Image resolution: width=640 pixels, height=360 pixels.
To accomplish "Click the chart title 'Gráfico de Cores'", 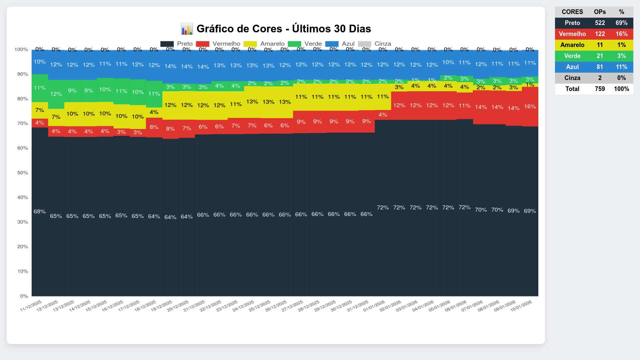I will click(283, 29).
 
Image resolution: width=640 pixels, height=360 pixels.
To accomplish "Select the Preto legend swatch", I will click(167, 44).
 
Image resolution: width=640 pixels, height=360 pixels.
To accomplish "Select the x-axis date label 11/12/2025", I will click(31, 306).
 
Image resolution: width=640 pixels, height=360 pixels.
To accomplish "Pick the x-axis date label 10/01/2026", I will click(521, 306).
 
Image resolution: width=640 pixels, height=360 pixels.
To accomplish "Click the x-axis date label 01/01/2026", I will click(374, 306).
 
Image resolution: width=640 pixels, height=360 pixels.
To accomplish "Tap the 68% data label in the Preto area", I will click(39, 211).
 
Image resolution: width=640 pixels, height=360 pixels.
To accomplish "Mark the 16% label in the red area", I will click(530, 106).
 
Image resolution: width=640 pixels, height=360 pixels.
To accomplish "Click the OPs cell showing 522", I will click(600, 23).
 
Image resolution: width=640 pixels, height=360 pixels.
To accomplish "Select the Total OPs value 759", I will click(600, 89).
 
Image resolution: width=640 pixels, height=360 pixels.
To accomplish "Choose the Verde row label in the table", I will click(572, 56).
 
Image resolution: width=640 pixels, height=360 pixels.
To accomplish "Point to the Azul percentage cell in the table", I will click(621, 67).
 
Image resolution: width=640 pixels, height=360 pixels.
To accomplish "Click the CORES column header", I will click(572, 12).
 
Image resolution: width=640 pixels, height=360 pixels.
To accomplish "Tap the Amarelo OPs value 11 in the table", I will click(600, 45).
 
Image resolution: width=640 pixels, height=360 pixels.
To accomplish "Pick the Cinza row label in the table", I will click(572, 78).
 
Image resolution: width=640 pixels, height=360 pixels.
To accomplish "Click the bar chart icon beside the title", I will click(187, 29).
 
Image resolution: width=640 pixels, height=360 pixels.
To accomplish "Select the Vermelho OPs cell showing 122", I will click(600, 34).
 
